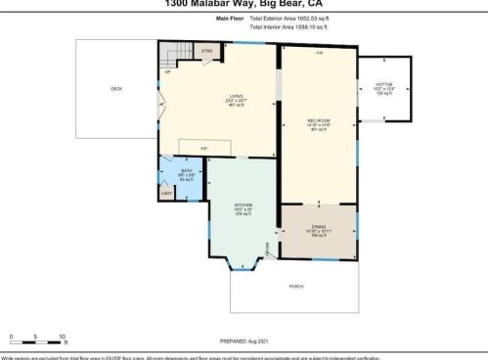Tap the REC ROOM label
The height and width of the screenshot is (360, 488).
pyautogui.click(x=319, y=120)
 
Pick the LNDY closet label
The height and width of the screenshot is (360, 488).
pyautogui.click(x=165, y=193)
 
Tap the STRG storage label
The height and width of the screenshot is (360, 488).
pyautogui.click(x=206, y=49)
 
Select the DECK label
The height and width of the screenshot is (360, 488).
pyautogui.click(x=116, y=89)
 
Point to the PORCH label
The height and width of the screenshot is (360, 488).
pyautogui.click(x=296, y=286)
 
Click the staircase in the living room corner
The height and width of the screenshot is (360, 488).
pyautogui.click(x=174, y=55)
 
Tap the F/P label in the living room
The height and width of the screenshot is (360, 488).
pyautogui.click(x=203, y=148)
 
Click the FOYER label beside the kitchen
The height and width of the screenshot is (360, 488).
pyautogui.click(x=269, y=256)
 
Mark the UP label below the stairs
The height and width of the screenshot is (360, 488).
pyautogui.click(x=167, y=71)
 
